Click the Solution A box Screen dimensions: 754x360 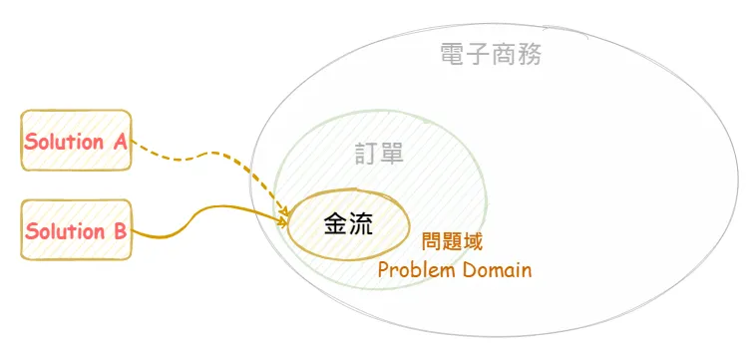pyautogui.click(x=77, y=141)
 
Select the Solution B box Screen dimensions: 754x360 pyautogui.click(x=77, y=230)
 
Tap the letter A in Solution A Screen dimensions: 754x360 pyautogui.click(x=120, y=142)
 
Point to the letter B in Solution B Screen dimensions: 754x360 pyautogui.click(x=120, y=231)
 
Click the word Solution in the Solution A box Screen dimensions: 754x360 pyautogui.click(x=64, y=142)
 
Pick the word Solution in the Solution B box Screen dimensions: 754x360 pyautogui.click(x=65, y=231)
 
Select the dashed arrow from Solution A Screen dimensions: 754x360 pyautogui.click(x=209, y=157)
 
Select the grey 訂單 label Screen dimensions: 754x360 pyautogui.click(x=379, y=154)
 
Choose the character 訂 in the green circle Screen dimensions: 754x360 pyautogui.click(x=367, y=154)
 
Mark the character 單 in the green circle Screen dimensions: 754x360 pyautogui.click(x=392, y=154)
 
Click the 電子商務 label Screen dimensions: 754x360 pyautogui.click(x=491, y=55)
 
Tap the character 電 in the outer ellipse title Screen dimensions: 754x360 pyautogui.click(x=453, y=55)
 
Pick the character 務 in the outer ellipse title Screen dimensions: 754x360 pyautogui.click(x=530, y=55)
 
